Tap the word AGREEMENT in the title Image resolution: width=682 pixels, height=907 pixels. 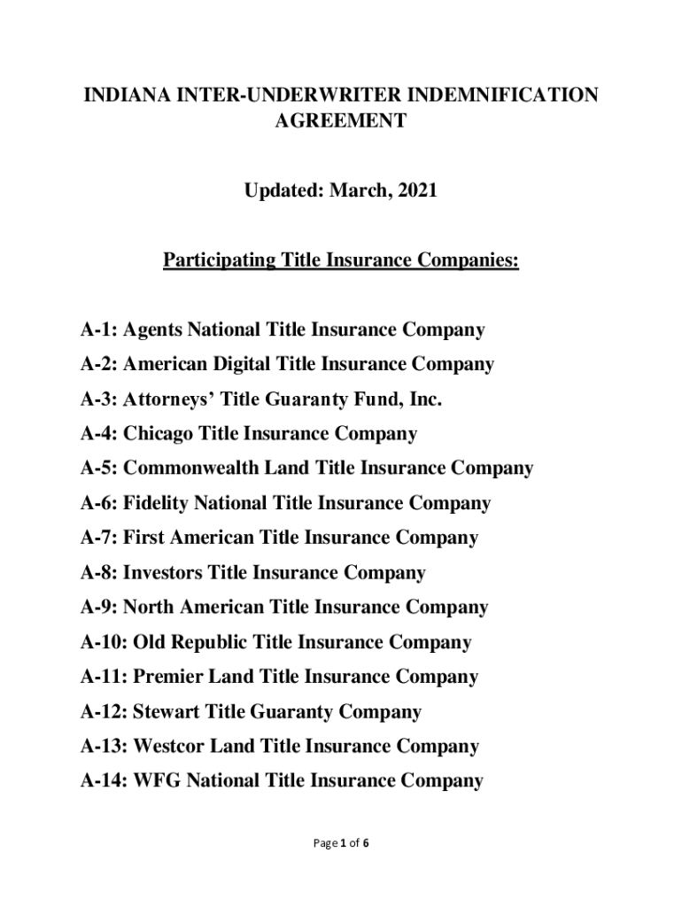pyautogui.click(x=340, y=121)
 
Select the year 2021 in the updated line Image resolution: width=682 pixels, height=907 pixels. pyautogui.click(x=415, y=190)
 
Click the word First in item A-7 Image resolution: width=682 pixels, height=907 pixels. pyautogui.click(x=141, y=539)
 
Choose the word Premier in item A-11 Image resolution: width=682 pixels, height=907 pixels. pyautogui.click(x=167, y=678)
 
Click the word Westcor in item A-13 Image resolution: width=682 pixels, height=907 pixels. pyautogui.click(x=169, y=747)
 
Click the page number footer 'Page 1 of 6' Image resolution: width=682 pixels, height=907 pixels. pyautogui.click(x=340, y=843)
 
